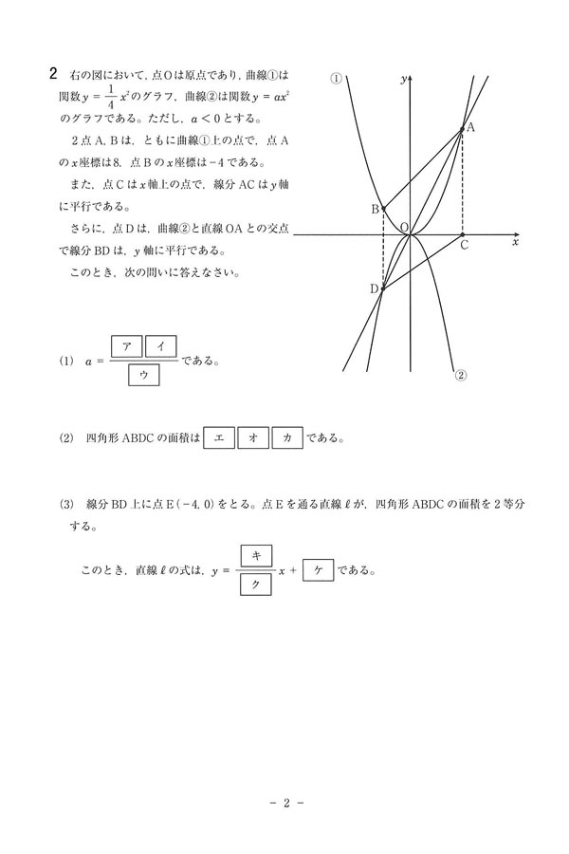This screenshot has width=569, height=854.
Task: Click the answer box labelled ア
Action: coord(126,346)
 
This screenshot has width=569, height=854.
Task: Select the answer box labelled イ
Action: coord(160,346)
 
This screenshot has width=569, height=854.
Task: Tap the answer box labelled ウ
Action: coord(143,376)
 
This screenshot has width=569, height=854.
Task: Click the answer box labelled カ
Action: coord(287,438)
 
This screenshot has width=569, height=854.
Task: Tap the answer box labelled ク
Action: coord(256,585)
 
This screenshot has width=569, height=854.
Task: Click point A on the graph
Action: coord(462,131)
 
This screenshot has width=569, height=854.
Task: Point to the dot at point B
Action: coord(383,208)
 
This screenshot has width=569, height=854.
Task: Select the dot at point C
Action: coord(462,233)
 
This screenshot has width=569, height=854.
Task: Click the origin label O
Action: coord(403,228)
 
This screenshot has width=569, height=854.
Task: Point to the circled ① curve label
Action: coord(336,79)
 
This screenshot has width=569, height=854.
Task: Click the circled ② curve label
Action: coord(461,374)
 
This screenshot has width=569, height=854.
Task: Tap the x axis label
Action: coord(515,243)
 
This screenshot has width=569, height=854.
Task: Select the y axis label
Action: coord(403,79)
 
